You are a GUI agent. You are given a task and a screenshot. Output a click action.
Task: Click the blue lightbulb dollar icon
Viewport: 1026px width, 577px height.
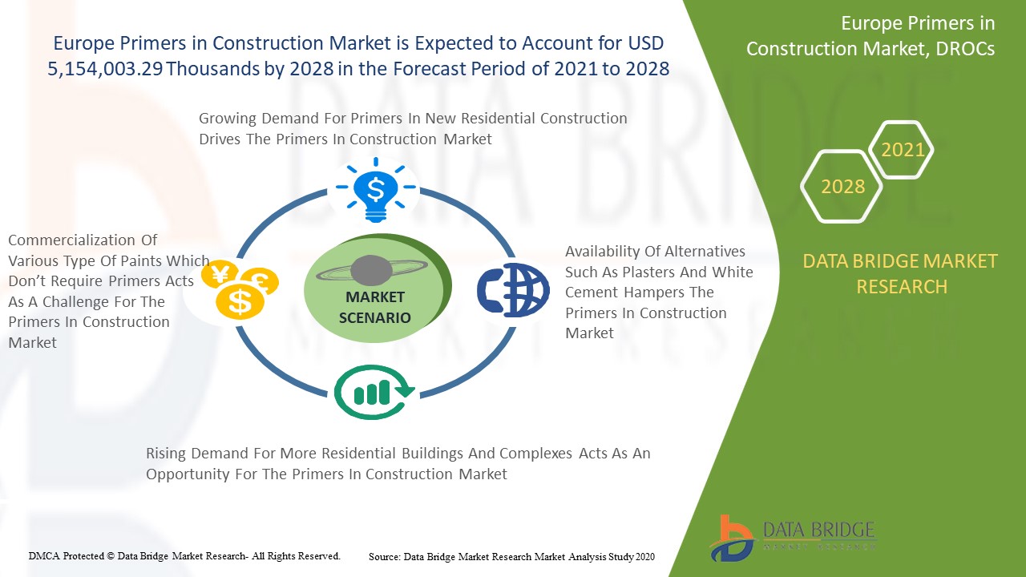[376, 190]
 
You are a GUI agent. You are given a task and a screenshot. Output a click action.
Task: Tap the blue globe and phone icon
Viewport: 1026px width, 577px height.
[513, 290]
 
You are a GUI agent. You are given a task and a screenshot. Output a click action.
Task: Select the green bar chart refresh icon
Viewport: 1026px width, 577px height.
[374, 392]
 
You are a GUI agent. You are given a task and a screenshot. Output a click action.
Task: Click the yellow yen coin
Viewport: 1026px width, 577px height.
[220, 273]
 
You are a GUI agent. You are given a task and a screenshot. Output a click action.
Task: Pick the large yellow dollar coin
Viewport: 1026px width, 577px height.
[240, 301]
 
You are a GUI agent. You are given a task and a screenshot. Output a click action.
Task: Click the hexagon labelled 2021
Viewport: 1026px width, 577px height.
[901, 149]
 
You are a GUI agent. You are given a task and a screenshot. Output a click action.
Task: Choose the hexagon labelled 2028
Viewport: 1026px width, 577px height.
[842, 187]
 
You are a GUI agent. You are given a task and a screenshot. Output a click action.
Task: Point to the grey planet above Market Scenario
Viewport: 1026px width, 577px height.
[371, 270]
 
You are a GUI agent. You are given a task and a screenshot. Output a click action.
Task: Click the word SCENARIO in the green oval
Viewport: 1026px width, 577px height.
[374, 318]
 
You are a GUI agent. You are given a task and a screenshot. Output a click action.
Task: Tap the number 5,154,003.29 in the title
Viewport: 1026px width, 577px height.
[105, 69]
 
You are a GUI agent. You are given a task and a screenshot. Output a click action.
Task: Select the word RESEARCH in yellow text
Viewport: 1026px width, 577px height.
[902, 287]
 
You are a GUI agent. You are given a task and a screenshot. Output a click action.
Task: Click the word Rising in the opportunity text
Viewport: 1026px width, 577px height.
[166, 454]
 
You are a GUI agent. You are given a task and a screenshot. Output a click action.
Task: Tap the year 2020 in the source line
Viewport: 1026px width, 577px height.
[644, 557]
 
